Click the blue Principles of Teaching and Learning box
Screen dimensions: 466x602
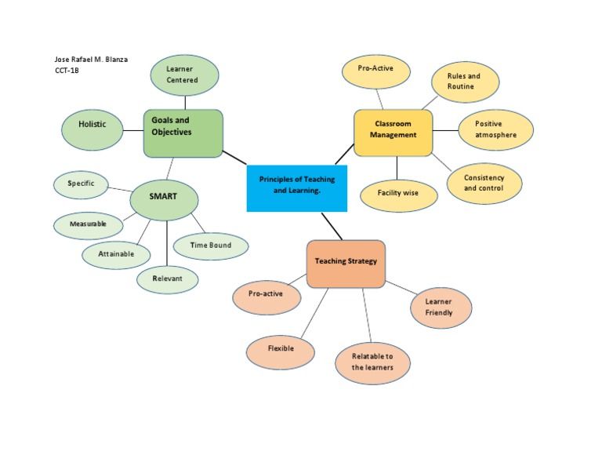tap(296, 187)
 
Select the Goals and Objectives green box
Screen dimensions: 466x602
tap(183, 133)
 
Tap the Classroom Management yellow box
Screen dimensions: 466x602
tap(393, 133)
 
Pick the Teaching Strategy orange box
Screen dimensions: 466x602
tap(346, 264)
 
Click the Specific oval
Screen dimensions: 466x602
tap(82, 185)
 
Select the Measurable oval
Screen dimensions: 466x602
tap(88, 226)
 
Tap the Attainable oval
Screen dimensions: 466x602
tap(116, 254)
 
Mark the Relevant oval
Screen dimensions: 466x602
tap(167, 279)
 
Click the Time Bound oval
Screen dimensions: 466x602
tap(210, 246)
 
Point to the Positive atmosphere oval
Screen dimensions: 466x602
tap(495, 129)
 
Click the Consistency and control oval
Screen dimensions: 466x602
tap(484, 184)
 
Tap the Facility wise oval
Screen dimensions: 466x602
tap(398, 194)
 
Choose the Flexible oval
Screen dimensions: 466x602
tap(281, 349)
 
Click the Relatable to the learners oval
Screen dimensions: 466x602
tap(372, 362)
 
